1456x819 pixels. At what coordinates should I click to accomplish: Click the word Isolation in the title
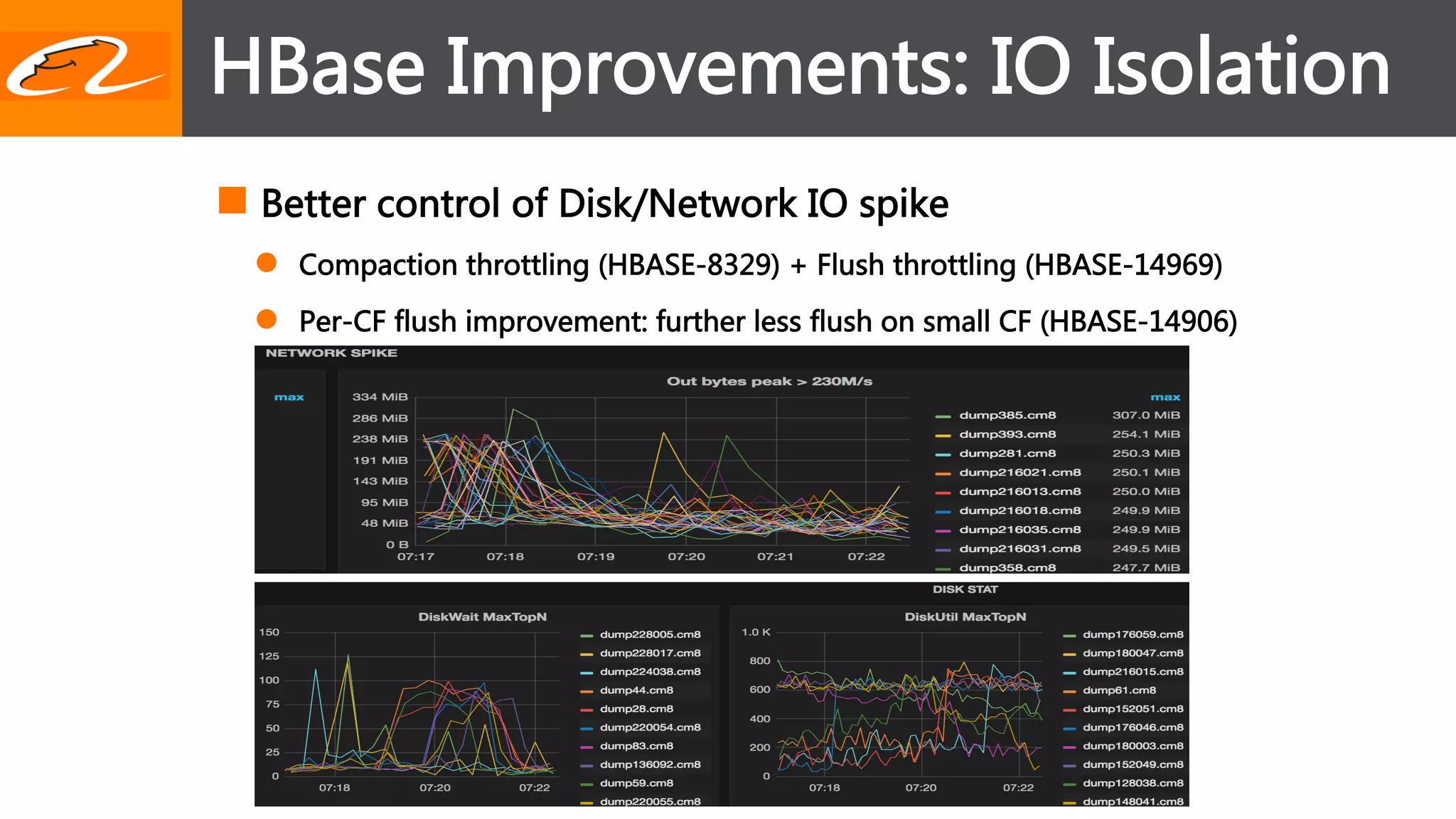(x=1240, y=67)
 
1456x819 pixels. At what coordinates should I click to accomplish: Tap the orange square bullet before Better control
(x=232, y=200)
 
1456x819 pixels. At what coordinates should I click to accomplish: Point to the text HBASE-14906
(x=1138, y=321)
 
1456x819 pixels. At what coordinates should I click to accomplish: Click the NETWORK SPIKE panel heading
(x=331, y=353)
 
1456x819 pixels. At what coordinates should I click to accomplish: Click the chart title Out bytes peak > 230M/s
(x=769, y=381)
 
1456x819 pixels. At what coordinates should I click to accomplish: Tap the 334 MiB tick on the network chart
(x=380, y=397)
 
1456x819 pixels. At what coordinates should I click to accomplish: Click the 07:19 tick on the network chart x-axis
(x=596, y=557)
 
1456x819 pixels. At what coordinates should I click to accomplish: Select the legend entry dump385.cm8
(x=1007, y=415)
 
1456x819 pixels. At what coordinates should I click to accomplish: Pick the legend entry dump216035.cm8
(x=1019, y=530)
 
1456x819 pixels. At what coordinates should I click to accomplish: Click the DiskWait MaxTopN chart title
(x=482, y=617)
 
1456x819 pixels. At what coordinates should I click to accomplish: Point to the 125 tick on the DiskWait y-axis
(x=269, y=656)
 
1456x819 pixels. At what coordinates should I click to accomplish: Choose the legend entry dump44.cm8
(x=636, y=690)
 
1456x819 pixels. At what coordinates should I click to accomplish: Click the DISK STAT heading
(x=965, y=589)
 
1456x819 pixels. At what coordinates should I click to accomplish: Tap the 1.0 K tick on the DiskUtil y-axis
(x=756, y=632)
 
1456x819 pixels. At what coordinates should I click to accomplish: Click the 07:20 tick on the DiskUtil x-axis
(x=921, y=788)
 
